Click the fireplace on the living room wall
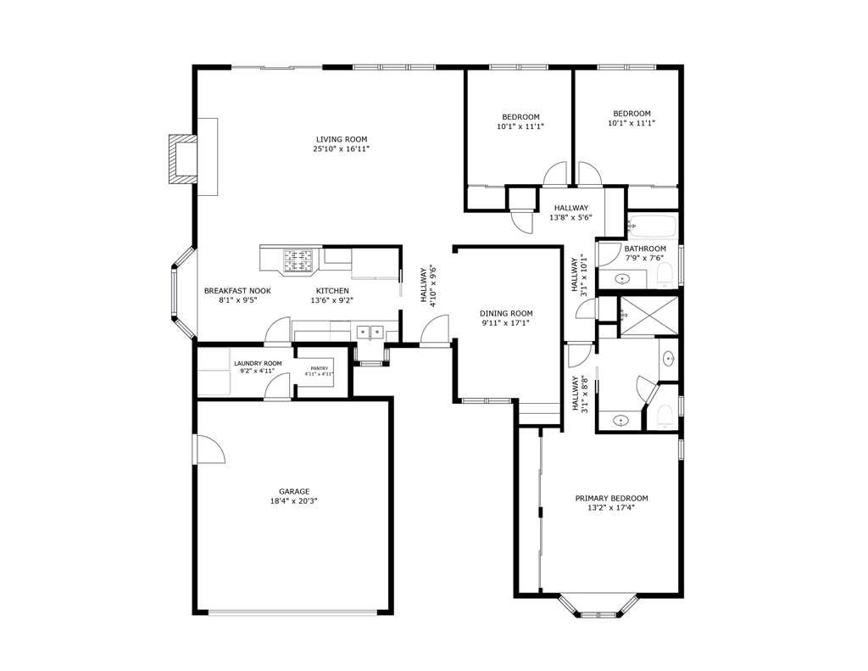pos(181,158)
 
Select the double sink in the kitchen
pos(370,332)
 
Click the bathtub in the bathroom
pos(651,226)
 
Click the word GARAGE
pos(294,491)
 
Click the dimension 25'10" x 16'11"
pos(341,149)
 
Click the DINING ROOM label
pos(506,313)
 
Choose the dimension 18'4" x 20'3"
pos(294,501)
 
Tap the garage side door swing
pos(210,450)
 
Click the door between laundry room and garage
pos(275,389)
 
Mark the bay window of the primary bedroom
pos(598,607)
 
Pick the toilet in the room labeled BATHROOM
pos(665,273)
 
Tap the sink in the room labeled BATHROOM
pos(621,278)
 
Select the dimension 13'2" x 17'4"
pos(611,508)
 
